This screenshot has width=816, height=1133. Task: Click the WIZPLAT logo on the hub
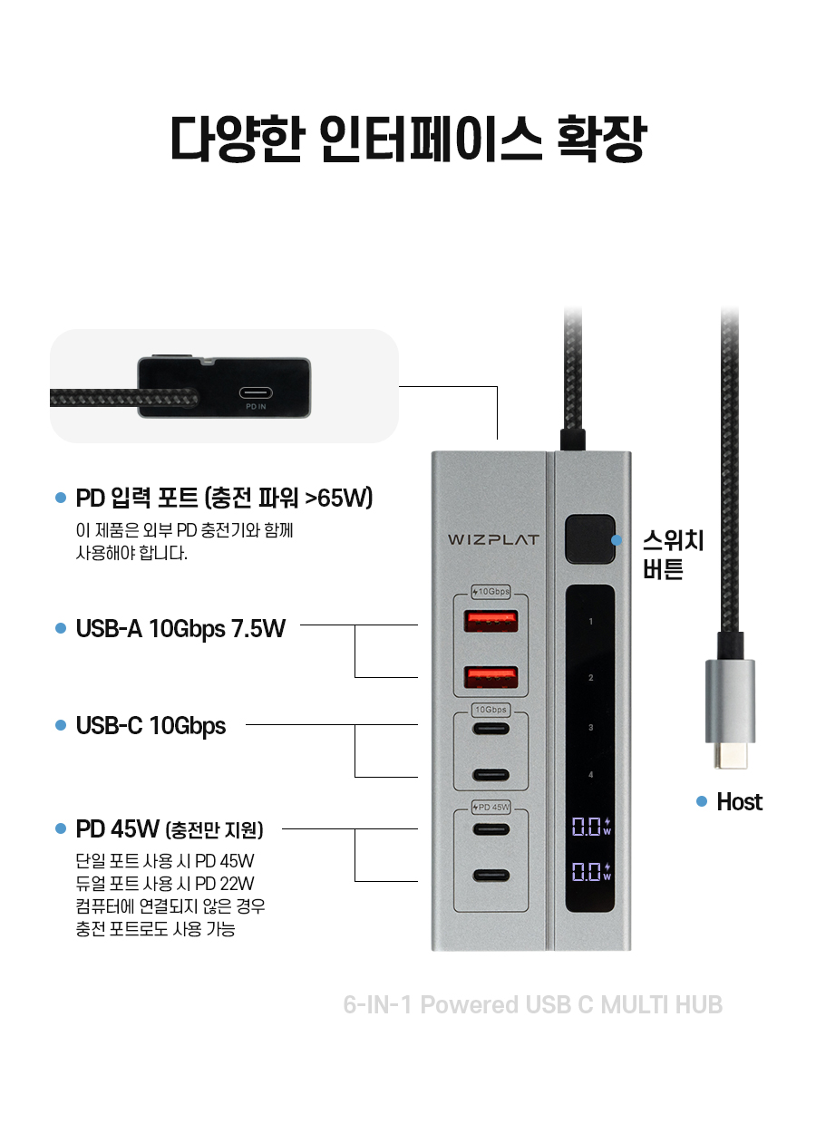click(x=493, y=539)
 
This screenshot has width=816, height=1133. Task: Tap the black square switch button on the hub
click(x=589, y=539)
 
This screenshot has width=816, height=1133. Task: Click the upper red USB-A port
click(x=491, y=622)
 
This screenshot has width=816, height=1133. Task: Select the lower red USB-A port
click(x=491, y=677)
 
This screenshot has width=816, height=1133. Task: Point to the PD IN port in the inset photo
click(x=256, y=392)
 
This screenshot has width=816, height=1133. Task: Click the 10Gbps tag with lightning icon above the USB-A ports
click(x=491, y=591)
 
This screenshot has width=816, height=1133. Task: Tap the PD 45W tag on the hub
click(x=491, y=808)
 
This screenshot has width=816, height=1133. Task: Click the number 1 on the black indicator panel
click(x=590, y=622)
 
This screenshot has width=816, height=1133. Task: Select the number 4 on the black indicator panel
click(x=590, y=774)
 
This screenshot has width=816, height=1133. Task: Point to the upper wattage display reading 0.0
click(x=591, y=827)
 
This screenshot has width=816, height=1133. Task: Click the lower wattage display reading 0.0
click(x=591, y=871)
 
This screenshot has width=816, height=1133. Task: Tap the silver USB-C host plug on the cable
click(x=730, y=713)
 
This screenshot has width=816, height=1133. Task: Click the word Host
click(x=739, y=801)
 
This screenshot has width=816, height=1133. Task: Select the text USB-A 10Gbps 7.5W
click(x=180, y=629)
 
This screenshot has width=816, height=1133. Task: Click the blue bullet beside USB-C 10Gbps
click(x=61, y=725)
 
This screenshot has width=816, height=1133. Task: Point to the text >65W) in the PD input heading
click(x=339, y=498)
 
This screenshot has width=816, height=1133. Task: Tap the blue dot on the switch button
click(x=617, y=540)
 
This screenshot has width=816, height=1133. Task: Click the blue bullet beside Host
click(x=702, y=801)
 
